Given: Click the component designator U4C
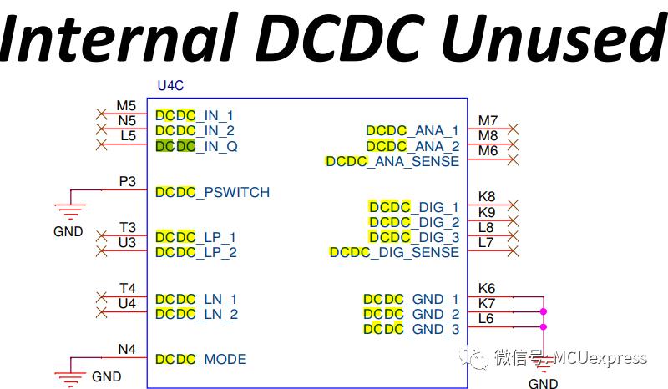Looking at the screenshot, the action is tap(170, 86).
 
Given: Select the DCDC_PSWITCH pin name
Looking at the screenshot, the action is tap(213, 192).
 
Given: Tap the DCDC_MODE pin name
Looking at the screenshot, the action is tap(200, 359).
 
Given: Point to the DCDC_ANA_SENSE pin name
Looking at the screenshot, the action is tap(392, 161).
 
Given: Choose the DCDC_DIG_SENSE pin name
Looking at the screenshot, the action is tap(394, 252).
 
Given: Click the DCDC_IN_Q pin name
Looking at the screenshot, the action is tap(196, 146).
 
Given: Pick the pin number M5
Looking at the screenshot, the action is tap(126, 105).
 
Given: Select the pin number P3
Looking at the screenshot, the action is tap(128, 181).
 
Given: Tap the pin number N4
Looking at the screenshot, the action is tap(127, 350).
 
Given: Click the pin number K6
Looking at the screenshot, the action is tap(487, 288).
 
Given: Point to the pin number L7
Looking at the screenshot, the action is tap(486, 242).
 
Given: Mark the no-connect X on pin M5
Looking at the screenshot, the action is tap(101, 114).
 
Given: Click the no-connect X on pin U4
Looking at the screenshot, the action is tap(101, 312).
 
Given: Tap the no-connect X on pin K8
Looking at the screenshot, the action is tap(513, 205).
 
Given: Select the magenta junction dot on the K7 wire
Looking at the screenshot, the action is tap(544, 312).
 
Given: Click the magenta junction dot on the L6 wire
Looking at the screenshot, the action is tap(544, 326).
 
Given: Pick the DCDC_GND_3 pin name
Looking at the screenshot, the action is tap(412, 329).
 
